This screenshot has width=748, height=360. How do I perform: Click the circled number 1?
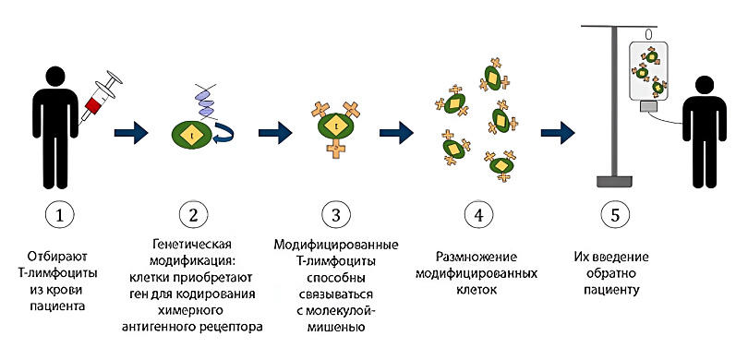(x=60, y=215)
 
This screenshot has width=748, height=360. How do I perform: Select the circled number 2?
(x=193, y=215)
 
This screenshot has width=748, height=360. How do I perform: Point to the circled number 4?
(x=477, y=215)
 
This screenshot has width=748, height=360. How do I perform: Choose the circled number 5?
(x=616, y=215)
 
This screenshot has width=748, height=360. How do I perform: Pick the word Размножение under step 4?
(x=477, y=254)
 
